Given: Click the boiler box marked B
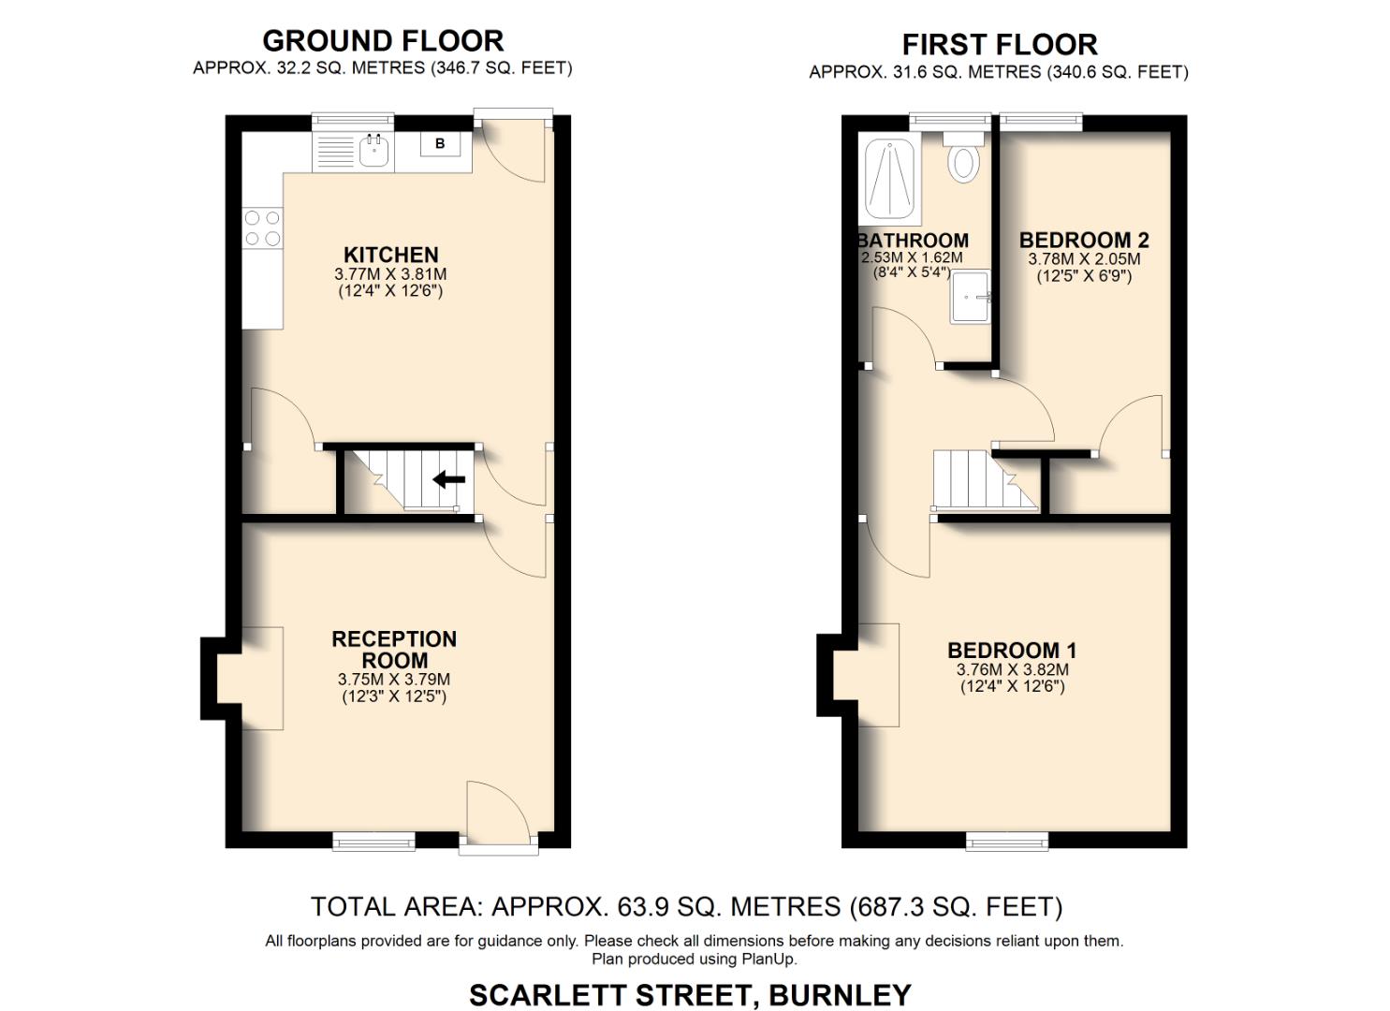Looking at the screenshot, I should tap(440, 144).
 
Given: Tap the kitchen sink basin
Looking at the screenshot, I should tap(374, 150).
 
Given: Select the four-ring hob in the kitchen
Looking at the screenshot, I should tap(263, 227).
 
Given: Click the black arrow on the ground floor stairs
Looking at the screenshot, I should tap(449, 479).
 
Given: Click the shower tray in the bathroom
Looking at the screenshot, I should tap(888, 176).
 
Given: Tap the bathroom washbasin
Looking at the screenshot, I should tap(971, 297).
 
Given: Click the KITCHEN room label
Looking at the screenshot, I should tap(390, 255).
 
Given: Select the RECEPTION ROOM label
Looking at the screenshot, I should tap(394, 649).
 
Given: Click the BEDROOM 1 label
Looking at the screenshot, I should tap(1012, 650).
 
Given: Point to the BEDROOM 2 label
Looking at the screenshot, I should tap(1084, 240).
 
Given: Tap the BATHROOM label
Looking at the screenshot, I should tap(914, 241).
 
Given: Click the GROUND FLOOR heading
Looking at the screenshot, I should tap(383, 41).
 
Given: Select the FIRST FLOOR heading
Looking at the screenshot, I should tap(999, 45).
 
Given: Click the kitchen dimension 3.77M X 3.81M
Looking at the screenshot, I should tap(390, 275).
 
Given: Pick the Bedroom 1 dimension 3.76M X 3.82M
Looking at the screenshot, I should tap(1012, 670).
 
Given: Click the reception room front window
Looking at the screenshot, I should tap(374, 842).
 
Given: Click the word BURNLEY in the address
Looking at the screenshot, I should tap(839, 994).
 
